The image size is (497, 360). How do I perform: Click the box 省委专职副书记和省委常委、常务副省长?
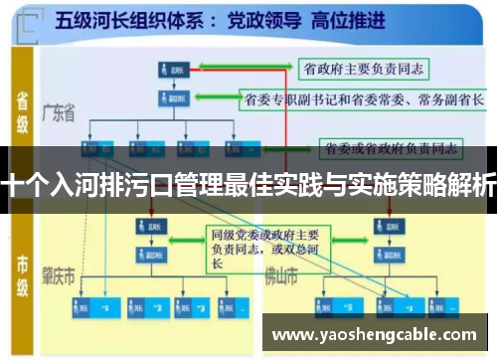pyautogui.click(x=363, y=99)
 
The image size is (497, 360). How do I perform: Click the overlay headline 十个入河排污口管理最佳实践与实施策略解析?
pyautogui.click(x=248, y=185)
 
